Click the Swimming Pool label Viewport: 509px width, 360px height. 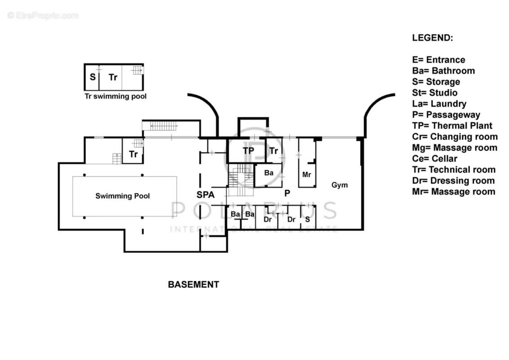click(122, 196)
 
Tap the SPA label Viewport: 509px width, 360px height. click(205, 195)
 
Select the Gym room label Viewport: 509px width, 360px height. click(339, 185)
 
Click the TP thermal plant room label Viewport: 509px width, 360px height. click(248, 151)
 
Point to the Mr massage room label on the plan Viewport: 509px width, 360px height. click(306, 174)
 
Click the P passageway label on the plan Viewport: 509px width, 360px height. click(286, 193)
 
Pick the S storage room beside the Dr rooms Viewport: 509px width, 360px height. click(307, 219)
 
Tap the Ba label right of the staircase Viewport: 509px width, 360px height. click(269, 173)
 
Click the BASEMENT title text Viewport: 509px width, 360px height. click(194, 284)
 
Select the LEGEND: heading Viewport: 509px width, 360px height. click(432, 38)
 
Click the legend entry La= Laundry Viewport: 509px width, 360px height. click(439, 104)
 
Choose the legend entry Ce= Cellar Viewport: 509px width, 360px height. click(434, 159)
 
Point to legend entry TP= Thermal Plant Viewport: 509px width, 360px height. click(452, 126)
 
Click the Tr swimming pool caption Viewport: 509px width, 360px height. click(116, 96)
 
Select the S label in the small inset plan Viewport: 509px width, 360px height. click(93, 77)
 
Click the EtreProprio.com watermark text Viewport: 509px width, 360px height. click(43, 16)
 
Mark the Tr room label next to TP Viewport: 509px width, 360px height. click(273, 151)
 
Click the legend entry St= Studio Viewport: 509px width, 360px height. click(435, 93)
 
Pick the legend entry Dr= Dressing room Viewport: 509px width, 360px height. click(453, 181)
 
